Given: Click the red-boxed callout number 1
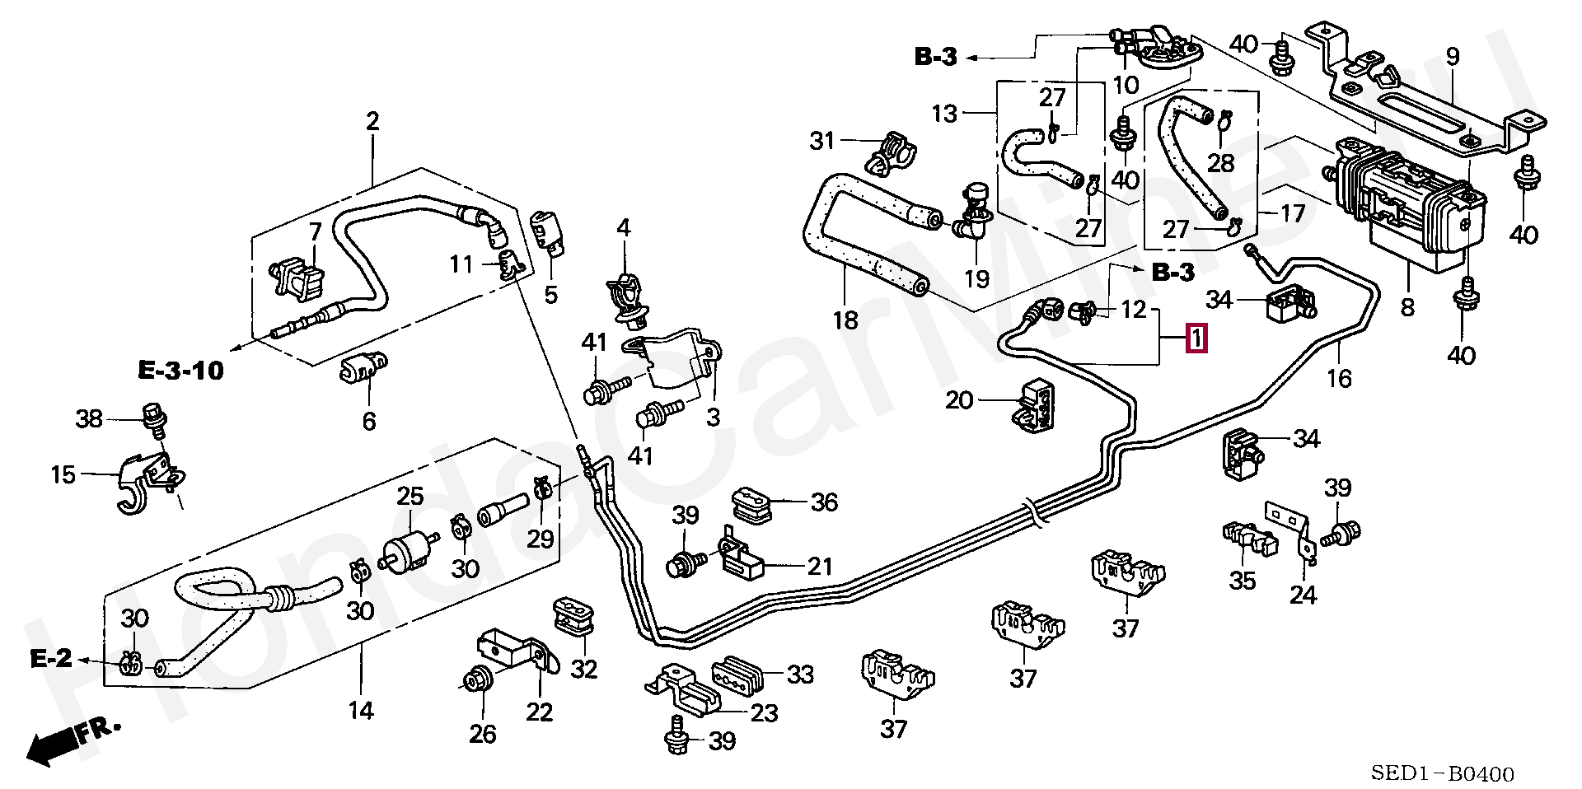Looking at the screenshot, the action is tap(1196, 338).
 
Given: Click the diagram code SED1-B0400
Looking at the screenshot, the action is tap(1442, 774).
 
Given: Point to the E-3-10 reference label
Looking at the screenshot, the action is tap(180, 370).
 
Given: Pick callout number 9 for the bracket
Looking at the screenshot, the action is tap(1452, 57).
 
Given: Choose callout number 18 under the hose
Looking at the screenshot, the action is tap(845, 320).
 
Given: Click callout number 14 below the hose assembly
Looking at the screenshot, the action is tap(361, 710).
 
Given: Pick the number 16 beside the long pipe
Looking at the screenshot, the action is tap(1340, 378).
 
